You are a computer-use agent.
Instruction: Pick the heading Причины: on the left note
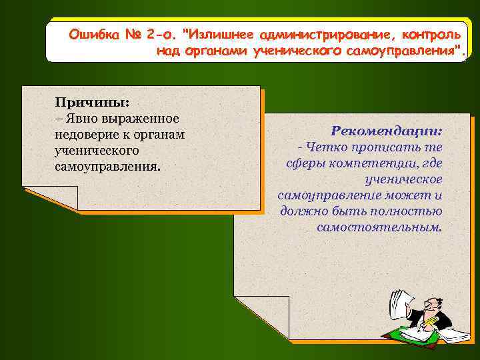(92, 102)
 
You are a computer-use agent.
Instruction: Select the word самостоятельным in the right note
(378, 227)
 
